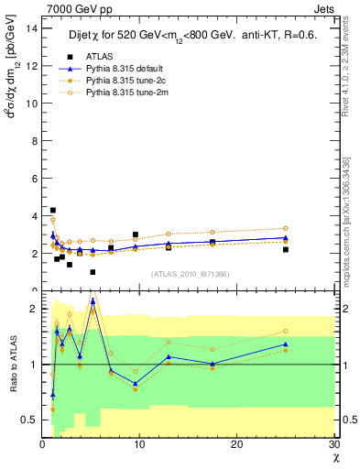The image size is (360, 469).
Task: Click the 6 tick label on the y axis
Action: (x=34, y=178)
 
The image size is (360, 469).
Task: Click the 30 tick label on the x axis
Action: (x=333, y=445)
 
